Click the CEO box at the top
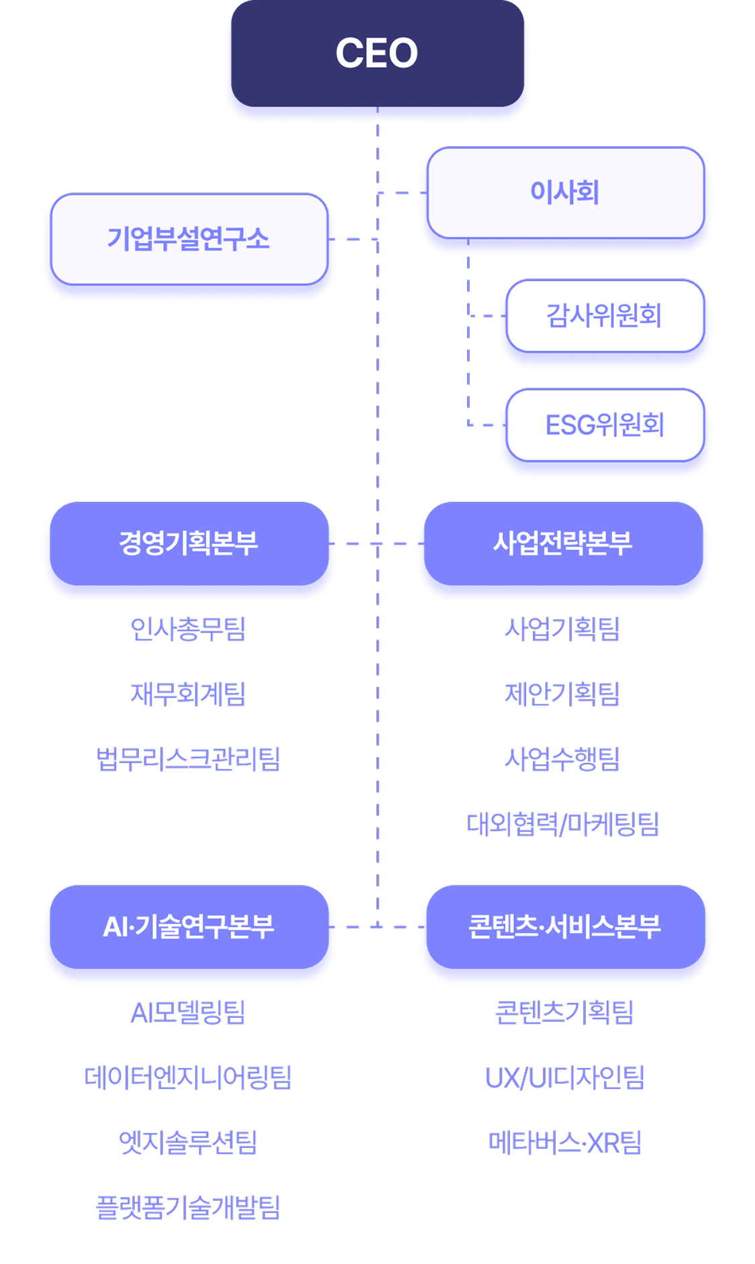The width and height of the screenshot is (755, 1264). (x=377, y=53)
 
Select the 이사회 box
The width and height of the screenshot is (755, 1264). (x=565, y=193)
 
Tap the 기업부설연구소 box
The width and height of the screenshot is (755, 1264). (x=189, y=239)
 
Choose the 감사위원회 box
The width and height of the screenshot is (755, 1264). (x=605, y=315)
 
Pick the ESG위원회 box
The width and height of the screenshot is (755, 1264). (x=605, y=425)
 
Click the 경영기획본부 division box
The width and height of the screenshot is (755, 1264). (x=189, y=543)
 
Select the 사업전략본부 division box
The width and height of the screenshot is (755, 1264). (x=563, y=543)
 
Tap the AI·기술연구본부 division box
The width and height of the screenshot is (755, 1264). (x=189, y=927)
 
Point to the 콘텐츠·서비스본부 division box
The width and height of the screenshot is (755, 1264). (x=565, y=927)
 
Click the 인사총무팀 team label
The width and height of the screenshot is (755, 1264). (x=189, y=629)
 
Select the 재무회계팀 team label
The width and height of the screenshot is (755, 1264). (x=189, y=694)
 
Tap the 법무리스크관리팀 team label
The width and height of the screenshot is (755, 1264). (x=189, y=759)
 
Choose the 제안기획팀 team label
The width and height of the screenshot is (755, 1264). (x=562, y=694)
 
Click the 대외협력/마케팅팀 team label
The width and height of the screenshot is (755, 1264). (x=562, y=824)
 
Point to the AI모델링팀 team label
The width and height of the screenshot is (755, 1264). (x=189, y=1012)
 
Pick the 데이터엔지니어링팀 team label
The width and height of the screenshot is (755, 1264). (x=189, y=1077)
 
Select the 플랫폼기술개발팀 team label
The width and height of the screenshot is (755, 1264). (x=189, y=1208)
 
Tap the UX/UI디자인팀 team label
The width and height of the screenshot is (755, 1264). (x=565, y=1077)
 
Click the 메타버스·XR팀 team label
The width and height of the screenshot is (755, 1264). (x=565, y=1143)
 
